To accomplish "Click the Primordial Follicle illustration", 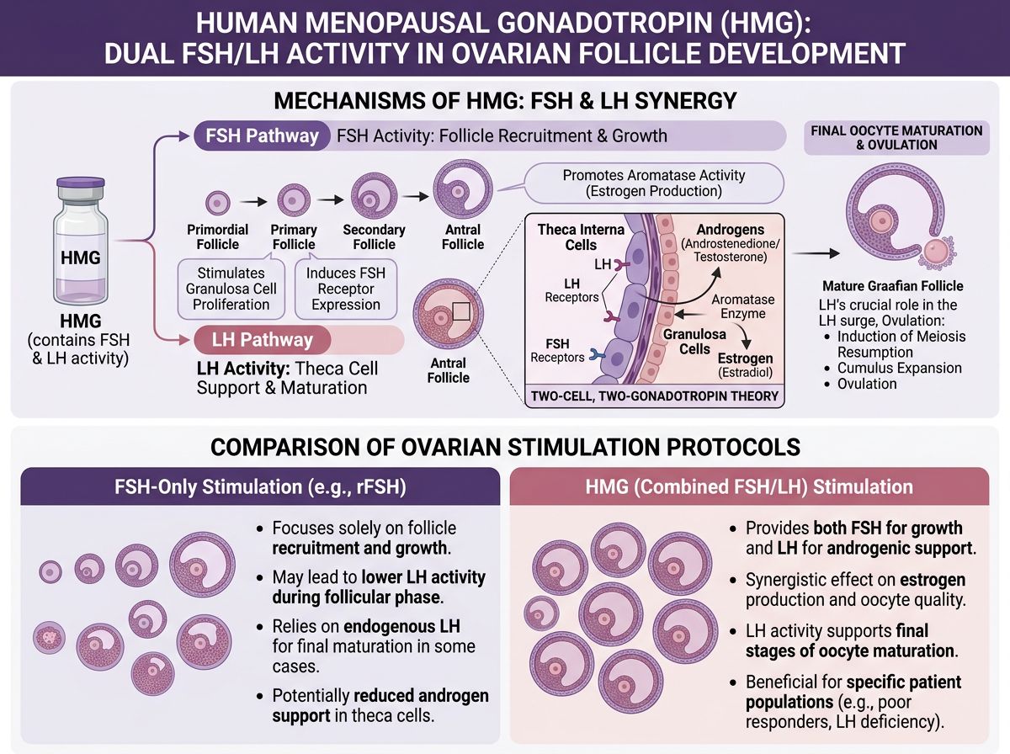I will [217, 202].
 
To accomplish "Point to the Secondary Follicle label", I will [374, 236].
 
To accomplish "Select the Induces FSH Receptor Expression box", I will [339, 289].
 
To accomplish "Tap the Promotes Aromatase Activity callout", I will [653, 183].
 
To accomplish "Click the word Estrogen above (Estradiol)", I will [745, 357].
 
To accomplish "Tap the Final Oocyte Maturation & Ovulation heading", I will [896, 137].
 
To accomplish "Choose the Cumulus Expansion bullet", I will [899, 368].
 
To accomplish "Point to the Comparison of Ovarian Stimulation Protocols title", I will [505, 446].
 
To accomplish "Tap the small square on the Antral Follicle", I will [460, 313].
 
